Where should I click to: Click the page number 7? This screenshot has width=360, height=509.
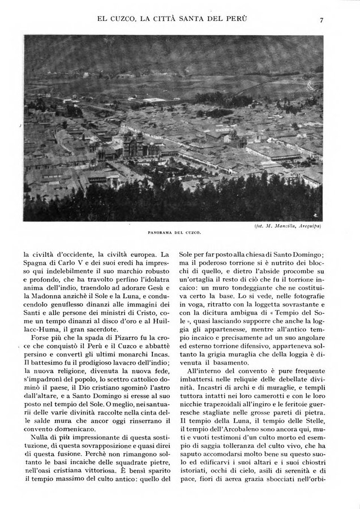(321, 20)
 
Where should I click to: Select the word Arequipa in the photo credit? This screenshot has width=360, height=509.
(308, 226)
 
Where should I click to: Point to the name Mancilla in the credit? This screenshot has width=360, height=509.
(278, 226)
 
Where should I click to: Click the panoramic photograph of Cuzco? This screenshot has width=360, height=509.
(173, 128)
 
